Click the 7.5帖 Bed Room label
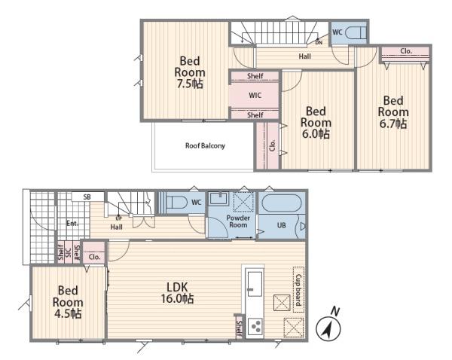(190, 72)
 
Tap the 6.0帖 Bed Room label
(316, 123)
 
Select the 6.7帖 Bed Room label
(393, 112)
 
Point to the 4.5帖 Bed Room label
(68, 302)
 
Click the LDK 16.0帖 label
(177, 293)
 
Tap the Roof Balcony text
(205, 146)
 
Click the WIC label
(255, 96)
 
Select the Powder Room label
(238, 221)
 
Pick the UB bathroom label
(281, 225)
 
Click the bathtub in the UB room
(281, 203)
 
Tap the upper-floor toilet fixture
(356, 32)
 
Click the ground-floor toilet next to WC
(176, 202)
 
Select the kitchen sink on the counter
(255, 284)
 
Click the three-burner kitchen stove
(255, 326)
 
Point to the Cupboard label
(298, 290)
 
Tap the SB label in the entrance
(87, 197)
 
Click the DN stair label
(319, 43)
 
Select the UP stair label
(118, 218)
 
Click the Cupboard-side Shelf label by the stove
(240, 328)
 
